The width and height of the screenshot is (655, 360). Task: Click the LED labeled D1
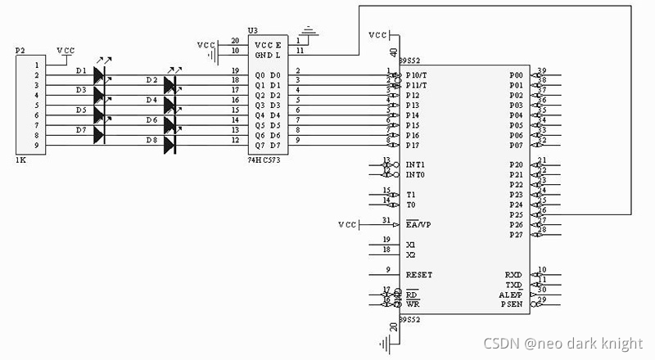[100, 75]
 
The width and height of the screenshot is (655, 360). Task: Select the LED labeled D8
[170, 145]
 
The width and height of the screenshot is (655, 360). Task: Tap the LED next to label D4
[170, 105]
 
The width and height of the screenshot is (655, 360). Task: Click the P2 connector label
[21, 51]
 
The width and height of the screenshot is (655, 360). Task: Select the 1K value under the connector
[20, 160]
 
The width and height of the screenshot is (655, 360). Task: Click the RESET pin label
[418, 275]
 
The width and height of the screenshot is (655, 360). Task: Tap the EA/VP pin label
[418, 224]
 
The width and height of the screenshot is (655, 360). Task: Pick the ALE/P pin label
[511, 295]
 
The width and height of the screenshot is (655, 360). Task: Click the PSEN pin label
[512, 304]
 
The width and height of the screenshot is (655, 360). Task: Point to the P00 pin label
[515, 75]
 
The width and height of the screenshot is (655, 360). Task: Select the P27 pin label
[515, 235]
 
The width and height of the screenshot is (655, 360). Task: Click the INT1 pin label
[415, 164]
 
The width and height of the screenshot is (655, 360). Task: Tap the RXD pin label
[513, 275]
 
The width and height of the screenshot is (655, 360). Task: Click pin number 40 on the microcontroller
[393, 51]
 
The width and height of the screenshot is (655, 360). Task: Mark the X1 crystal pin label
[410, 245]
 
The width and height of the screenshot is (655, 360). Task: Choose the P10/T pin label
[417, 75]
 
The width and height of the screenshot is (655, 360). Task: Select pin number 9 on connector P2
[36, 145]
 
